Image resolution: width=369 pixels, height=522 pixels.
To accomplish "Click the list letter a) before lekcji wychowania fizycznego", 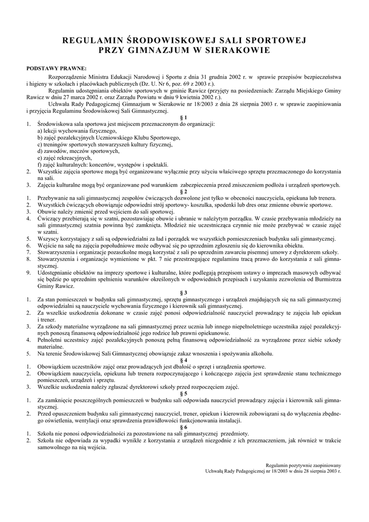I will (40, 131).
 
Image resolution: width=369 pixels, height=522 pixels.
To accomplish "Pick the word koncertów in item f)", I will (104, 165).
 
